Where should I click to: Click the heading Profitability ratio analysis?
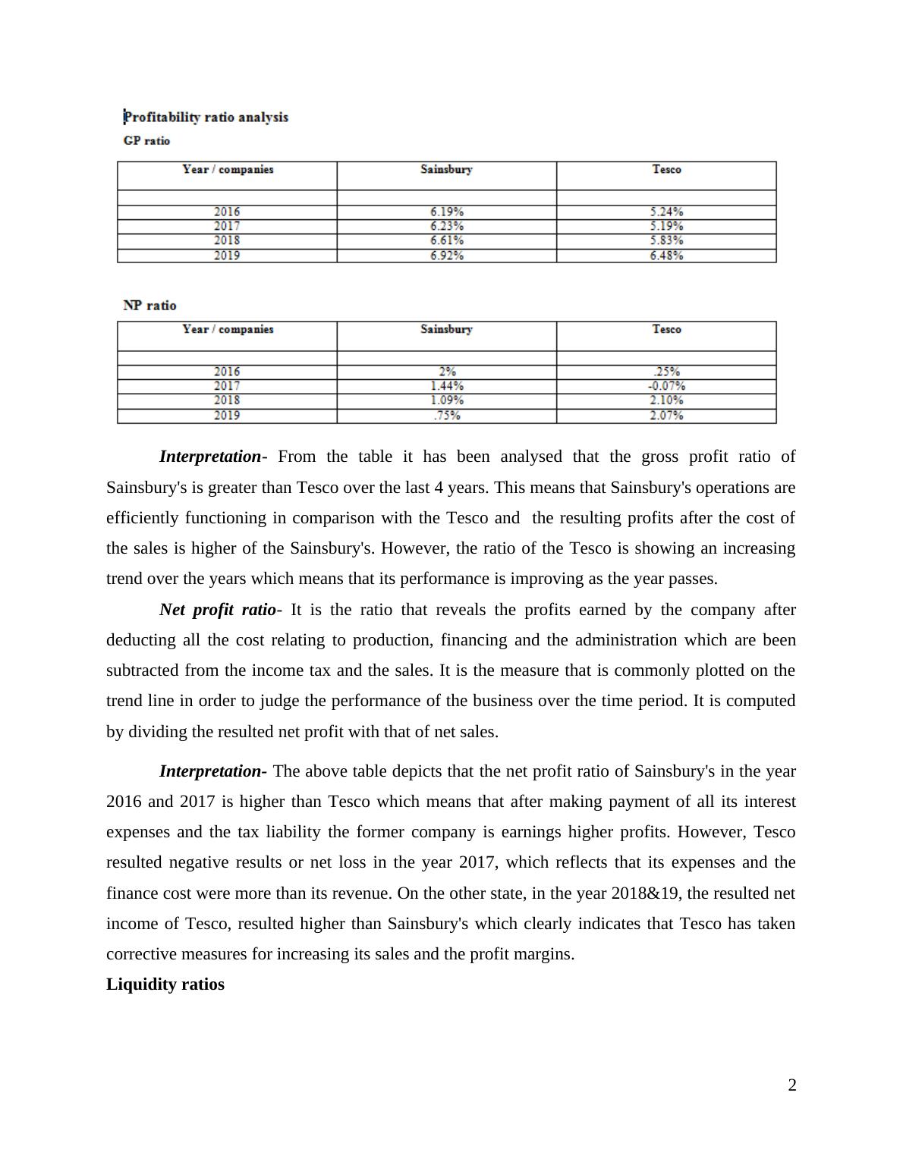pos(206,117)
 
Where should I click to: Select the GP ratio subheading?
pos(146,140)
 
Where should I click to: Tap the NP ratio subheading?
pos(149,305)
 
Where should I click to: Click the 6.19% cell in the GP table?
pos(446,212)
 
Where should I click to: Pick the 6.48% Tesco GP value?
pos(665,256)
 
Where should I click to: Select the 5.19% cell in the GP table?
pos(665,226)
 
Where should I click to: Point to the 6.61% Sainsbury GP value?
pos(446,240)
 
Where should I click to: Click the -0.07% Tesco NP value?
pos(665,386)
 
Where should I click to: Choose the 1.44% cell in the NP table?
pos(446,386)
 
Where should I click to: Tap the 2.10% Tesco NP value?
pos(665,400)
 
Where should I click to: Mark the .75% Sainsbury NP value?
pos(446,416)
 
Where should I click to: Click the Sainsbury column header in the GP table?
pos(446,169)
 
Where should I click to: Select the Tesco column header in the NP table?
pos(665,329)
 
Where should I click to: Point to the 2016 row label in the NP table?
pos(227,372)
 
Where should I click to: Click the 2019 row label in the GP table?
pos(227,256)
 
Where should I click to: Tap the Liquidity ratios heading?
pos(165,984)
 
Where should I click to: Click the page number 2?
pos(792,1085)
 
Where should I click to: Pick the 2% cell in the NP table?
pos(446,372)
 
